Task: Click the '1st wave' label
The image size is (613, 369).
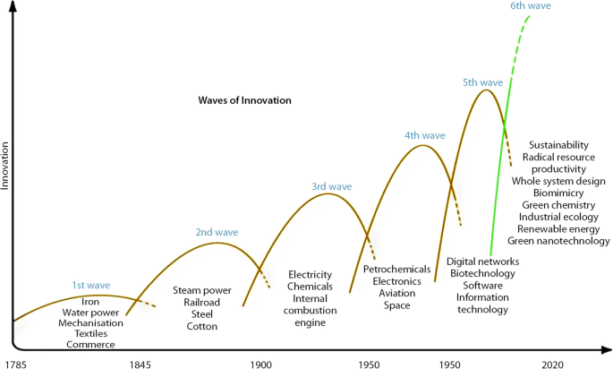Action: pyautogui.click(x=91, y=286)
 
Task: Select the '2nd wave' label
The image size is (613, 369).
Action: pyautogui.click(x=217, y=233)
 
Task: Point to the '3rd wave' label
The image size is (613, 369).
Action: pyautogui.click(x=331, y=186)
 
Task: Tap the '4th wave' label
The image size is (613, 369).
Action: pyautogui.click(x=424, y=136)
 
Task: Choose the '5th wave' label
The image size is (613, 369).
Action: pyautogui.click(x=482, y=82)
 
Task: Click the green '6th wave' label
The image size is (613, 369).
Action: pyautogui.click(x=530, y=6)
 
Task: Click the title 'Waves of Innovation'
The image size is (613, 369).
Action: pyautogui.click(x=244, y=100)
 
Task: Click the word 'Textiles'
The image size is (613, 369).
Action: pyautogui.click(x=89, y=333)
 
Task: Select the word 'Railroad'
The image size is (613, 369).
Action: pyautogui.click(x=201, y=303)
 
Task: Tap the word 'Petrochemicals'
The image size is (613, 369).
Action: pyautogui.click(x=397, y=269)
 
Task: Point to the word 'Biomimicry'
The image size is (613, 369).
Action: pyautogui.click(x=558, y=193)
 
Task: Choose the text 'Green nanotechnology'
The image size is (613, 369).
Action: pyautogui.click(x=558, y=240)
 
